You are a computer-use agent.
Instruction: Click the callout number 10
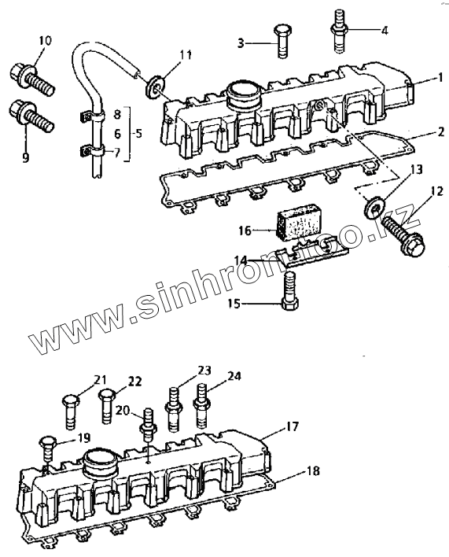(45, 41)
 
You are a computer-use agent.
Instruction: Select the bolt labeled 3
(282, 41)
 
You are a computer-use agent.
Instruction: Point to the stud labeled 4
(340, 31)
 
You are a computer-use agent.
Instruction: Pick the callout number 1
(440, 77)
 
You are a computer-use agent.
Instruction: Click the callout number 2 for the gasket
(441, 132)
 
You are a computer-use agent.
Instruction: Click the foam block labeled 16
(299, 221)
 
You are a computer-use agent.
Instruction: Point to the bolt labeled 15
(290, 290)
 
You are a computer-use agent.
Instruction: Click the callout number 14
(241, 260)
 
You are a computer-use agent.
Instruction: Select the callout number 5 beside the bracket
(138, 134)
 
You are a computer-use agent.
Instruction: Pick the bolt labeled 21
(71, 412)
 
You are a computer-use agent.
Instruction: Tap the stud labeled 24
(202, 405)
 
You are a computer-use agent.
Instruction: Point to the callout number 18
(313, 471)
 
